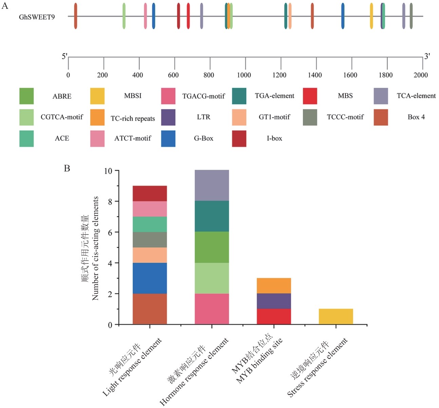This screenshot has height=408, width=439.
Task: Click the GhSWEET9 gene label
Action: (x=37, y=17)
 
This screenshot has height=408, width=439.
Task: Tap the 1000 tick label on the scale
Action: (x=244, y=75)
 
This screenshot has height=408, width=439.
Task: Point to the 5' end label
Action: (x=64, y=56)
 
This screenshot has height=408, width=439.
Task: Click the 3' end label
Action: (x=427, y=56)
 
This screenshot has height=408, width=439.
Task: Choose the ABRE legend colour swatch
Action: (x=26, y=96)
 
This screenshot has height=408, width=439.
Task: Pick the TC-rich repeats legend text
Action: (x=133, y=118)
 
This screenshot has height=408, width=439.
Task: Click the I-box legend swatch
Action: (x=239, y=138)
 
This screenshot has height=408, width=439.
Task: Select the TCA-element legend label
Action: (x=416, y=96)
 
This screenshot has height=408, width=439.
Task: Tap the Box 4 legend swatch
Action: (x=381, y=117)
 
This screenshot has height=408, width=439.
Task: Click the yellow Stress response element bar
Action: (x=336, y=316)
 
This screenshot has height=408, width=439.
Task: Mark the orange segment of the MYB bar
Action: (x=274, y=286)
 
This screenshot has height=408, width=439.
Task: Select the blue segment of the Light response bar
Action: (x=150, y=278)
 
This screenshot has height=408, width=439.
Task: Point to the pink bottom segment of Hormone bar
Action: (x=212, y=309)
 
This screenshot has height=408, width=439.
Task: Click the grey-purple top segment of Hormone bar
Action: (x=212, y=185)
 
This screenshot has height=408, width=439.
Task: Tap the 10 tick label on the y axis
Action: (x=108, y=171)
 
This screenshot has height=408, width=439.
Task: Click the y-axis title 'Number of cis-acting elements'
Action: (x=95, y=248)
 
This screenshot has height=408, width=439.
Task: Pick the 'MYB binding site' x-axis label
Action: (x=259, y=361)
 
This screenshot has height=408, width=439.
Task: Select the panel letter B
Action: (x=67, y=168)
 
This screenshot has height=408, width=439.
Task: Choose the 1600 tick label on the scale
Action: (x=350, y=75)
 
